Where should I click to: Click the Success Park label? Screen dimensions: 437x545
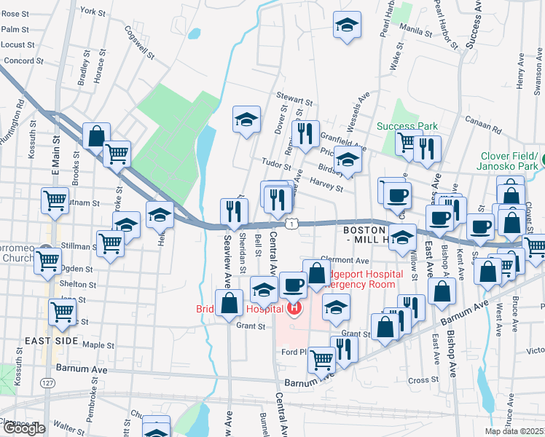coord(407,126)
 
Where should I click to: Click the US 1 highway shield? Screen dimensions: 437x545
coord(291,225)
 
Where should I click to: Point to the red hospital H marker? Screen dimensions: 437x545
coord(294,309)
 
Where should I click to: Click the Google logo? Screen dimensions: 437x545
coord(23,428)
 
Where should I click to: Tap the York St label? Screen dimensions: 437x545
coord(93,12)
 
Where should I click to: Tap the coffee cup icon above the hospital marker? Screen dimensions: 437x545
coord(293,285)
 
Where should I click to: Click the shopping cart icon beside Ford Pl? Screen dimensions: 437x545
coord(321,358)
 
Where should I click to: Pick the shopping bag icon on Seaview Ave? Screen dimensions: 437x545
coord(229,303)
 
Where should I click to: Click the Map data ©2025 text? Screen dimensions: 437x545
coord(515,431)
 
